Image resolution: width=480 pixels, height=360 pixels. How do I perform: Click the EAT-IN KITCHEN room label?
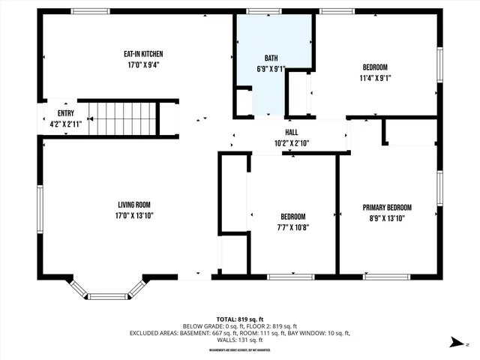pyautogui.click(x=143, y=54)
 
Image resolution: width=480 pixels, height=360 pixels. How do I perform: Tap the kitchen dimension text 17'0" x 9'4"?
pyautogui.click(x=143, y=65)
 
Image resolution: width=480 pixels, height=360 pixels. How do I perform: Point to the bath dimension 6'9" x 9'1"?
pyautogui.click(x=271, y=69)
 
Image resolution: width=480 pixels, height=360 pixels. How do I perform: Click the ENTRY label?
pyautogui.click(x=66, y=103)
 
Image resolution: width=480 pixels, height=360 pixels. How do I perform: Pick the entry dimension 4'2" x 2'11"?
pyautogui.click(x=66, y=114)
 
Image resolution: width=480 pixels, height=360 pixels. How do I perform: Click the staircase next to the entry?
pyautogui.click(x=124, y=118)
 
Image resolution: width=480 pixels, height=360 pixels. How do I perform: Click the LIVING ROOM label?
pyautogui.click(x=134, y=205)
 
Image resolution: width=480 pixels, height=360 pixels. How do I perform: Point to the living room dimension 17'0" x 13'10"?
pyautogui.click(x=134, y=216)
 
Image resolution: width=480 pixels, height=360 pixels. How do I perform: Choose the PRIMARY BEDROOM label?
pyautogui.click(x=387, y=208)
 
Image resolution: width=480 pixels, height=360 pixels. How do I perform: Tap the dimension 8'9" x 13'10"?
pyautogui.click(x=387, y=218)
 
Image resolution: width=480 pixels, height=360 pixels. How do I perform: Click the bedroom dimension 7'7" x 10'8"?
pyautogui.click(x=292, y=227)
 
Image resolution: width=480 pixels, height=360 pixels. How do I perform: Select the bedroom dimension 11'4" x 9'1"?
pyautogui.click(x=375, y=77)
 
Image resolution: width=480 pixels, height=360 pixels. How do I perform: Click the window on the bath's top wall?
pyautogui.click(x=259, y=11)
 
